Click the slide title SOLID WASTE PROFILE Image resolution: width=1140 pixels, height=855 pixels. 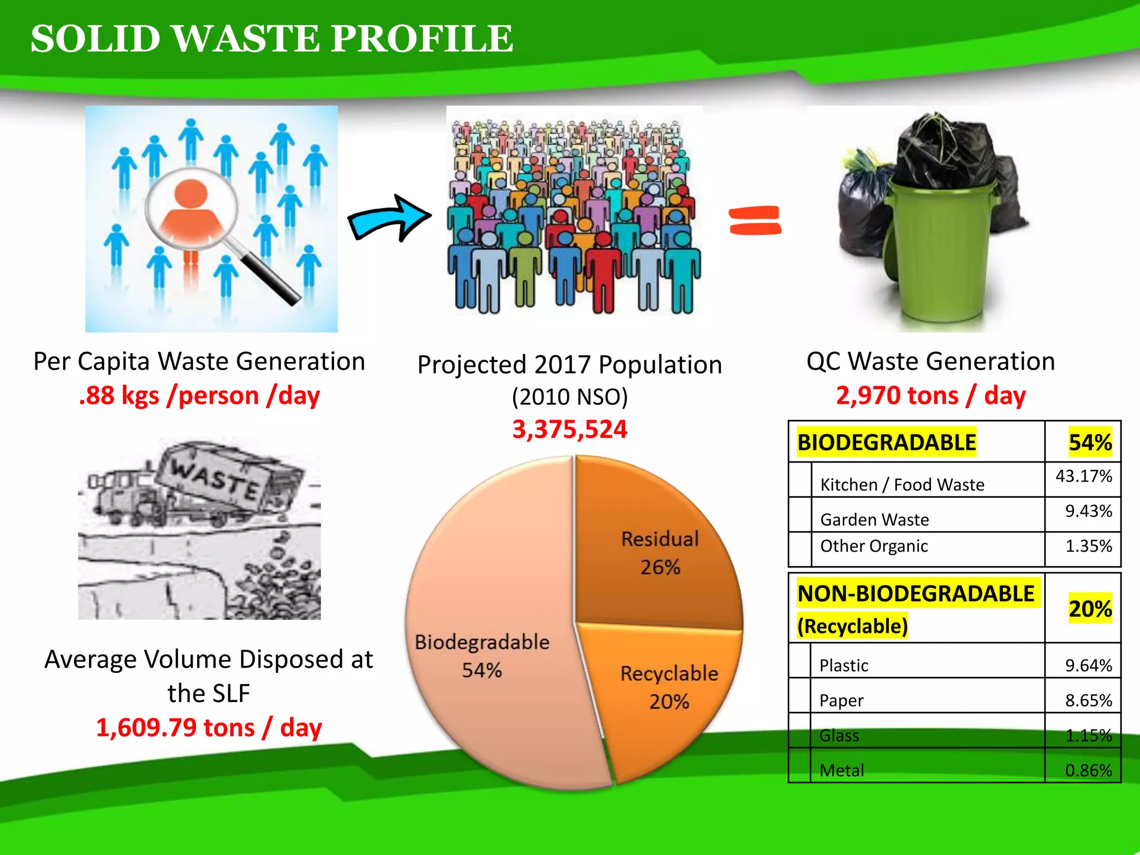272,38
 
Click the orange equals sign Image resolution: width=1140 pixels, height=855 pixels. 755,220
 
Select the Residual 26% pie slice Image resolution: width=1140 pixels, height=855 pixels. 657,551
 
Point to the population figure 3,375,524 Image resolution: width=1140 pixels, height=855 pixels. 569,429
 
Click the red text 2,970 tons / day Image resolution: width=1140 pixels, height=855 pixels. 931,396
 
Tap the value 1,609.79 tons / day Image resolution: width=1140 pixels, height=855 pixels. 209,728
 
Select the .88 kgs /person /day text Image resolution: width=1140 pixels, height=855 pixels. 199,396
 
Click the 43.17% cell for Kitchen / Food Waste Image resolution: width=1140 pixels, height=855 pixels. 1083,476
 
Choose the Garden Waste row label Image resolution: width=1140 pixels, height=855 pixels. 874,519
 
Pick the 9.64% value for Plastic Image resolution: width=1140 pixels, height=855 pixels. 1088,665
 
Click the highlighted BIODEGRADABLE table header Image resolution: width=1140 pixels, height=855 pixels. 886,443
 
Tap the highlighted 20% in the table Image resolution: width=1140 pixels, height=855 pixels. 1090,608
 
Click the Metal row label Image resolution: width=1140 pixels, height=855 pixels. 842,770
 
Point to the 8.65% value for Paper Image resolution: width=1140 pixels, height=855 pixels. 1088,700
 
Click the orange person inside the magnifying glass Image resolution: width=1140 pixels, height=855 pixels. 190,212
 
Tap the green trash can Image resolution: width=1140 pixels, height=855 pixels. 941,256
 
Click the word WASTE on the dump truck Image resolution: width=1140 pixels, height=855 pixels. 214,479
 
